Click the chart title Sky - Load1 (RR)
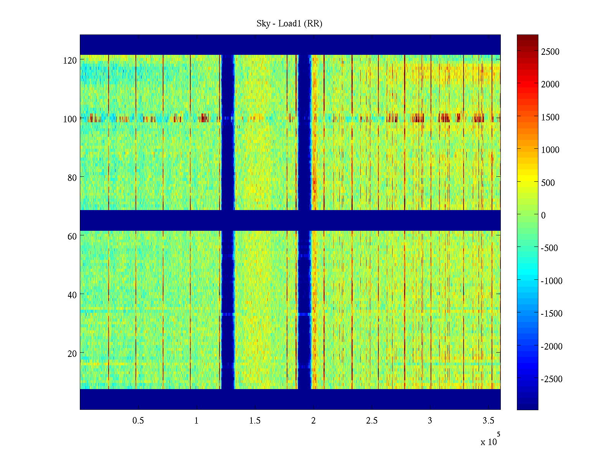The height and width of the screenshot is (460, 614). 289,24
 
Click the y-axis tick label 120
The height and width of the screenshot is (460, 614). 70,60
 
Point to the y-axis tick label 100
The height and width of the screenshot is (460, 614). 70,119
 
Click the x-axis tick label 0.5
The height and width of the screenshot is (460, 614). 138,421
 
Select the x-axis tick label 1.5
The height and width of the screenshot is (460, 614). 255,421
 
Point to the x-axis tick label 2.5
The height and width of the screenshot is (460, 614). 372,421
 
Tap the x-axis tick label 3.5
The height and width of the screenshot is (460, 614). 489,421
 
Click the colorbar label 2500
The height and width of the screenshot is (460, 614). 550,52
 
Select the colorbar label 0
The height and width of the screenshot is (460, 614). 543,215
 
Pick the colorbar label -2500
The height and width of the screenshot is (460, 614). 551,379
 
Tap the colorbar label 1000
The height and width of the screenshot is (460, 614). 550,150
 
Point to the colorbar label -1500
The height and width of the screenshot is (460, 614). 551,314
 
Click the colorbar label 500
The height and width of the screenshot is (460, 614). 548,183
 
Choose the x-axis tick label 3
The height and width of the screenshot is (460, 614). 430,421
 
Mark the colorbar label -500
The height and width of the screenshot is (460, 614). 549,248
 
